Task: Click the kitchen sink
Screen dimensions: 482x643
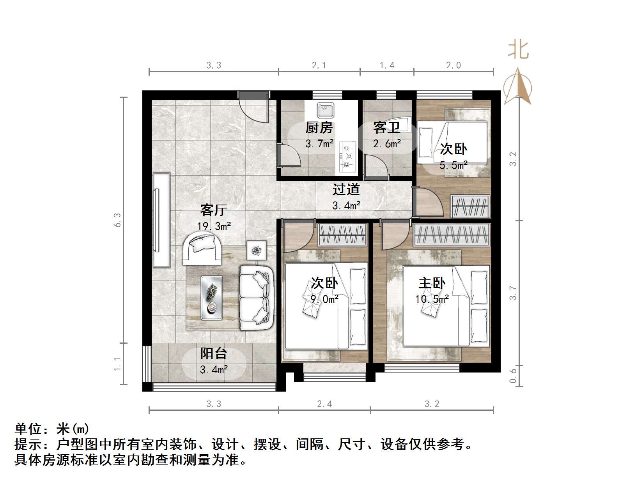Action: pyautogui.click(x=325, y=110)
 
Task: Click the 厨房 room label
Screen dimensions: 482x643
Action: pyautogui.click(x=319, y=127)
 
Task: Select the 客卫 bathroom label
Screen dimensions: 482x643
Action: pyautogui.click(x=386, y=127)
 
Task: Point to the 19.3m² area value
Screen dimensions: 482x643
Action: pyautogui.click(x=214, y=226)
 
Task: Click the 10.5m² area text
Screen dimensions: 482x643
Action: pyautogui.click(x=432, y=299)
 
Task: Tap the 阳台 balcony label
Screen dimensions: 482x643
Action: pyautogui.click(x=214, y=353)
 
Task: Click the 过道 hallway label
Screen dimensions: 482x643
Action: pyautogui.click(x=346, y=190)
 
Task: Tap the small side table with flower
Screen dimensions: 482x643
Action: pyautogui.click(x=256, y=250)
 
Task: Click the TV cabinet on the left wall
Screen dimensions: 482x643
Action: pyautogui.click(x=161, y=220)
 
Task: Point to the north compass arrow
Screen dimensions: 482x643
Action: pyautogui.click(x=517, y=87)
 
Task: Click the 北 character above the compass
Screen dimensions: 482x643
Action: pyautogui.click(x=518, y=50)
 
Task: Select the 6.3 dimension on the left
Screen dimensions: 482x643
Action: pyautogui.click(x=117, y=220)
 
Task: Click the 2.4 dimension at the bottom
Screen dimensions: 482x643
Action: pyautogui.click(x=324, y=404)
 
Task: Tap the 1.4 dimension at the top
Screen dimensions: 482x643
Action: pyautogui.click(x=387, y=65)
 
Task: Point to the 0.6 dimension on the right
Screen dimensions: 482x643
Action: pyautogui.click(x=513, y=375)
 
